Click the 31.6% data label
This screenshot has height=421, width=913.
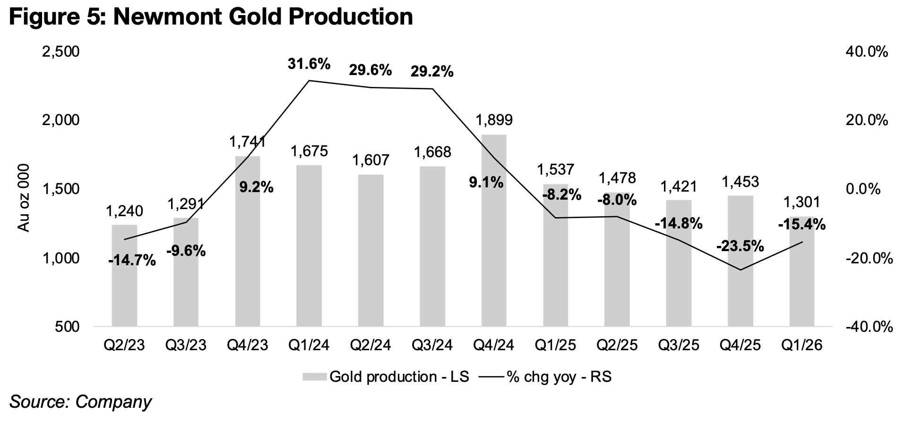click(309, 64)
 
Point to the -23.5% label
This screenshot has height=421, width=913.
click(740, 246)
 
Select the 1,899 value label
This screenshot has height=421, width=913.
click(494, 120)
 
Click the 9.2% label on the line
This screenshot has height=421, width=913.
click(256, 187)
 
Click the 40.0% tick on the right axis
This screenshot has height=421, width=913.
click(866, 51)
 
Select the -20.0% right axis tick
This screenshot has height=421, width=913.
click(869, 258)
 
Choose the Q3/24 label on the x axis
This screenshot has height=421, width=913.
click(432, 345)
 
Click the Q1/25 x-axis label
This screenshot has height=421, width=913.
click(555, 345)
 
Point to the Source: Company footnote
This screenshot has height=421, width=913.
click(80, 402)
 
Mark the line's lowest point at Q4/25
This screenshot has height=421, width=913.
click(740, 270)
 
